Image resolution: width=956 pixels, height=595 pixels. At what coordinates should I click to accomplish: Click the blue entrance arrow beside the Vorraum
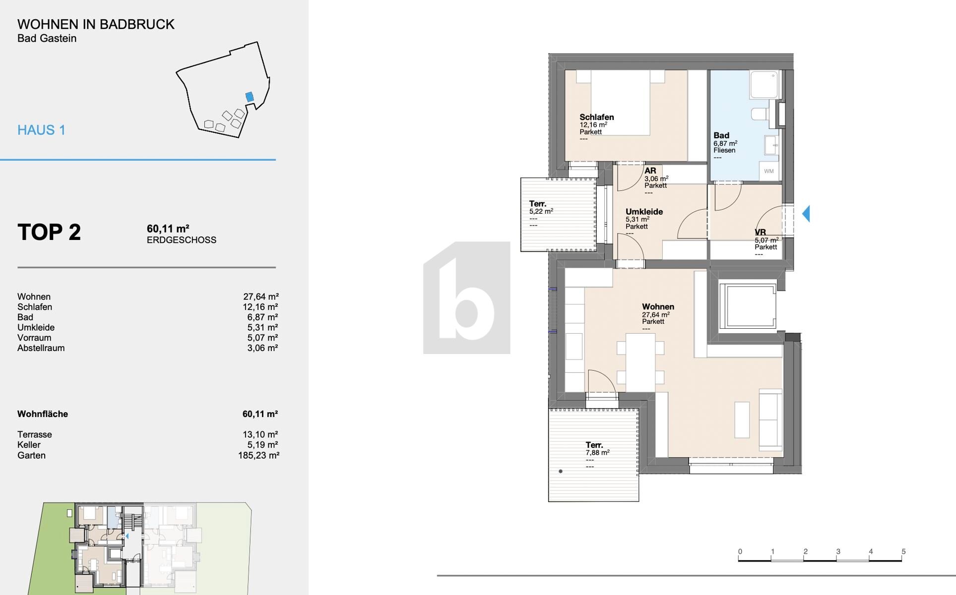pos(806,214)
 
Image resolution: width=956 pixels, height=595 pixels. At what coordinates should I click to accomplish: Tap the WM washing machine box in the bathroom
pos(768,171)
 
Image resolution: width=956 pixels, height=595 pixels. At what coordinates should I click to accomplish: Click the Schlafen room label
pos(597,118)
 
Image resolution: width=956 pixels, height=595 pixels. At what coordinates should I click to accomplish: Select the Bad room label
pos(721,135)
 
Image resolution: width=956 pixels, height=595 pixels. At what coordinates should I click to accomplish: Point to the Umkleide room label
pos(644,212)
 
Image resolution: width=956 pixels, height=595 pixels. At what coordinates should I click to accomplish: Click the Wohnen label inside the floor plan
pos(658,307)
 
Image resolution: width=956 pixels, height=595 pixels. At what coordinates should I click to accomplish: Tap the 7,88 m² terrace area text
pos(597,453)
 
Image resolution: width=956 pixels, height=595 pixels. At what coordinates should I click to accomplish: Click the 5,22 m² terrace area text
pos(541,211)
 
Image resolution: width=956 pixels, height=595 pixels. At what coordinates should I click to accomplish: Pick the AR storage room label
pos(650,171)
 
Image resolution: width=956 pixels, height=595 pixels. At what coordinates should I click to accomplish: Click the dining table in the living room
pos(640,362)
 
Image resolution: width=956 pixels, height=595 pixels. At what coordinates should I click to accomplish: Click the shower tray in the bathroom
pos(765,84)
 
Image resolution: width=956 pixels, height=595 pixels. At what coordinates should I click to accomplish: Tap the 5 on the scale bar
pos(903,551)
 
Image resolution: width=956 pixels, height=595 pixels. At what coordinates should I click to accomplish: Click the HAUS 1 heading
pos(41,130)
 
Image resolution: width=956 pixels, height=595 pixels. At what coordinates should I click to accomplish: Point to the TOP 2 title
pos(49,232)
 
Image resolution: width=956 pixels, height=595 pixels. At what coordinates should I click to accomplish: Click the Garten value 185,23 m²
pos(258,455)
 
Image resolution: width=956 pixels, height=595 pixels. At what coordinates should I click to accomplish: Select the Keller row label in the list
pos(29,445)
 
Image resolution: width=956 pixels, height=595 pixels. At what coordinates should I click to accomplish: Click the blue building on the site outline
pos(250,97)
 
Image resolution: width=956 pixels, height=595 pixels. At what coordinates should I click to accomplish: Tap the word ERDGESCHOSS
pos(182,240)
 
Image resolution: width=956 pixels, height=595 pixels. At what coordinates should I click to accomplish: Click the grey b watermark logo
pos(467,298)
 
